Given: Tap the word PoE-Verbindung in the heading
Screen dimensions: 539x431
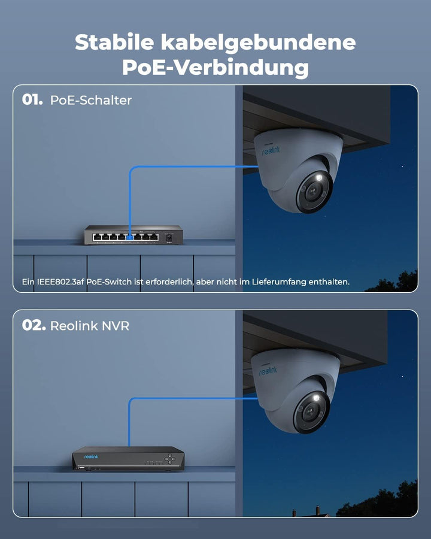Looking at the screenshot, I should click(x=215, y=68).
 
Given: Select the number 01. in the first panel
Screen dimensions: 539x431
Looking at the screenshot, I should click(x=32, y=100).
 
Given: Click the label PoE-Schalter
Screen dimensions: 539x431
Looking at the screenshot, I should click(x=91, y=100).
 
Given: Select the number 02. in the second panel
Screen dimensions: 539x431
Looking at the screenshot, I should click(x=34, y=325).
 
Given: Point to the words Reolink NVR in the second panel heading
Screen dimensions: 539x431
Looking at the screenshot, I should click(x=90, y=326).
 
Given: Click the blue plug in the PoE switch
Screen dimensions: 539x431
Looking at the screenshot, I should click(x=130, y=237).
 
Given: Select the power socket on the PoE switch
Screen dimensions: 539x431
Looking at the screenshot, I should click(x=169, y=237).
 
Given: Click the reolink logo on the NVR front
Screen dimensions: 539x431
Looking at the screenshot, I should click(x=91, y=457).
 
